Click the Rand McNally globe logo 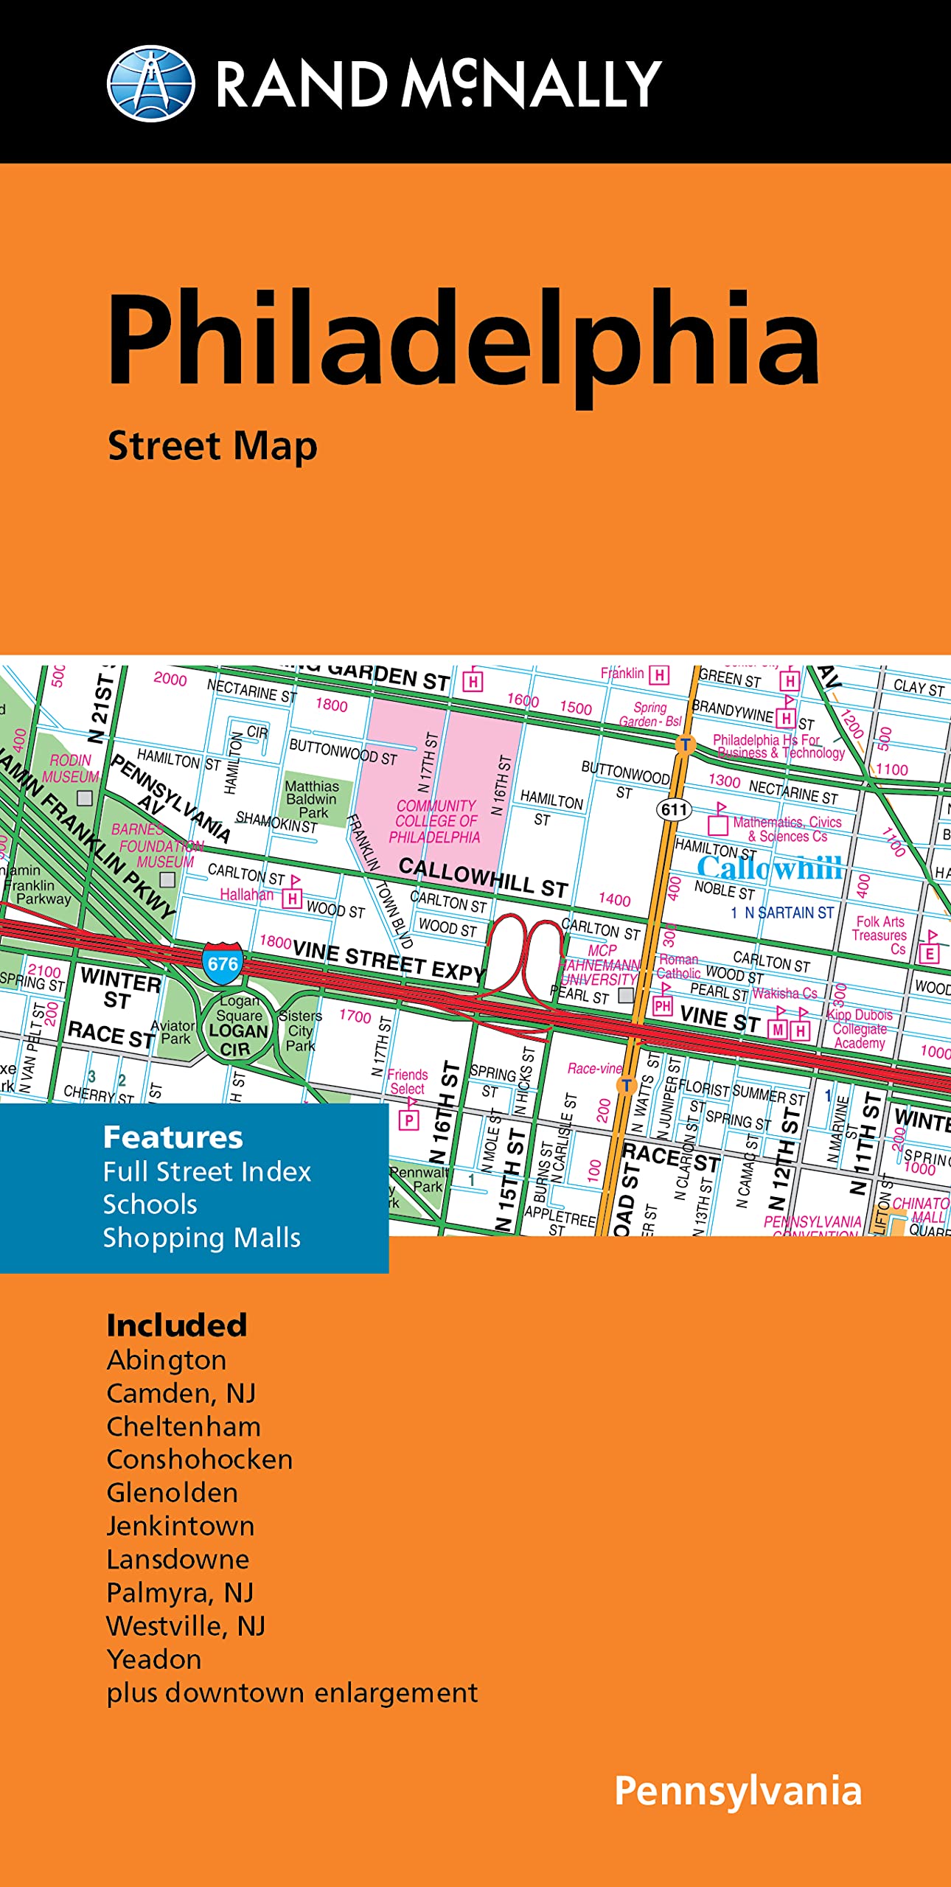pyautogui.click(x=151, y=83)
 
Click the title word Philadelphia pyautogui.click(x=464, y=338)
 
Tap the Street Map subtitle pyautogui.click(x=212, y=447)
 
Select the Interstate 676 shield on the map pyautogui.click(x=222, y=963)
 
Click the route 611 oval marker pyautogui.click(x=674, y=809)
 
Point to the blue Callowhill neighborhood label pyautogui.click(x=769, y=868)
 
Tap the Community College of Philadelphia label pyautogui.click(x=436, y=822)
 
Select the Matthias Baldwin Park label pyautogui.click(x=312, y=799)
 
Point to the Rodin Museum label pyautogui.click(x=71, y=768)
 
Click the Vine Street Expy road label pyautogui.click(x=388, y=961)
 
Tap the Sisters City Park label pyautogui.click(x=300, y=1030)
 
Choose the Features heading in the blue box pyautogui.click(x=173, y=1137)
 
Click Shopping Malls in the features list pyautogui.click(x=201, y=1238)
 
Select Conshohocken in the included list pyautogui.click(x=199, y=1459)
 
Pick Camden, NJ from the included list pyautogui.click(x=181, y=1393)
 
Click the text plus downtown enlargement pyautogui.click(x=292, y=1692)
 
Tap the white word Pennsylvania pyautogui.click(x=738, y=1791)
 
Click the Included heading pyautogui.click(x=176, y=1325)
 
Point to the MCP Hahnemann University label pyautogui.click(x=599, y=965)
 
